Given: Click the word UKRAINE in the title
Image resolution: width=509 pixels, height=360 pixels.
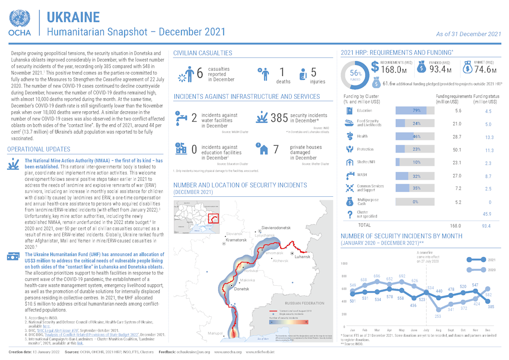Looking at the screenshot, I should click(x=73, y=17).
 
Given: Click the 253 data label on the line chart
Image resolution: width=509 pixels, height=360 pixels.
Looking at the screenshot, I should click(x=438, y=316).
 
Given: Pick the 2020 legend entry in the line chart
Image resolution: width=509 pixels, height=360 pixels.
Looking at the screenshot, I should click(x=492, y=269).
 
